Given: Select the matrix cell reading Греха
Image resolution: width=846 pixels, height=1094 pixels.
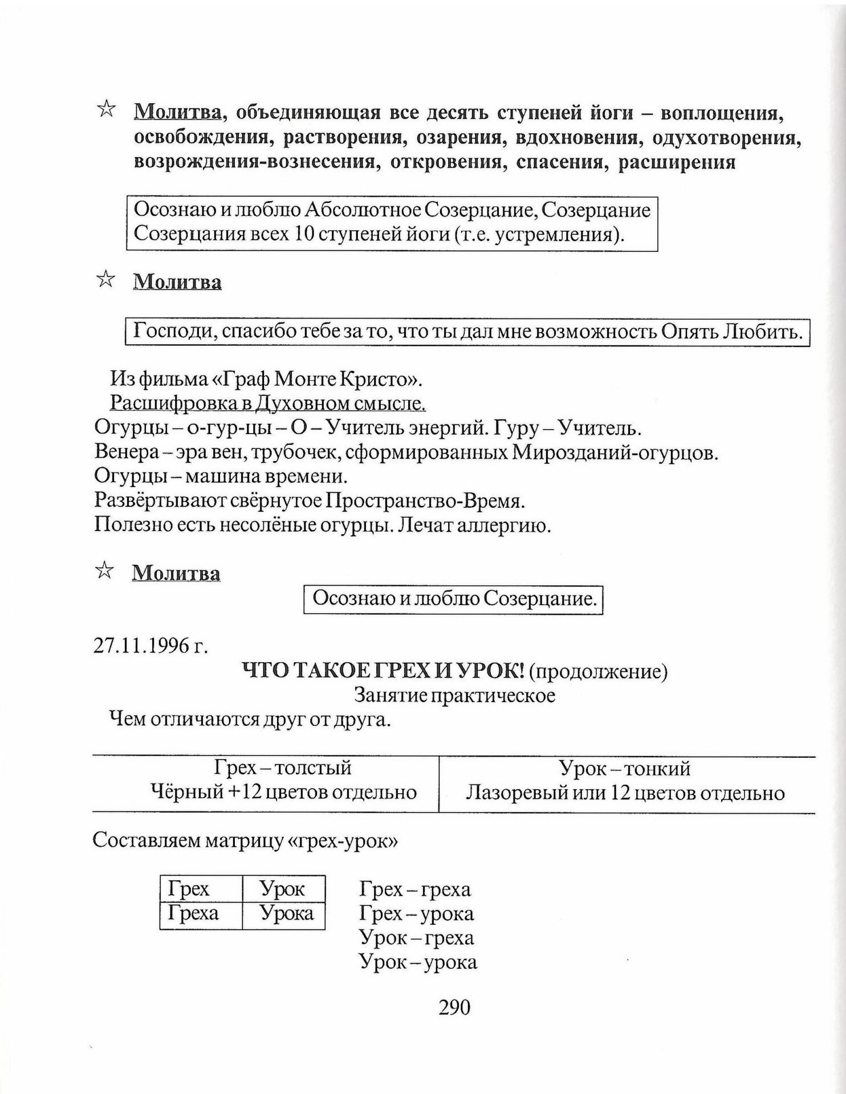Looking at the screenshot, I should click(x=193, y=914).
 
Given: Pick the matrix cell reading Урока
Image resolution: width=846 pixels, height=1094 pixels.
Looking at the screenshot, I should click(x=286, y=914).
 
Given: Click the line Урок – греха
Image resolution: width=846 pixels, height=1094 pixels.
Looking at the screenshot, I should click(x=417, y=938).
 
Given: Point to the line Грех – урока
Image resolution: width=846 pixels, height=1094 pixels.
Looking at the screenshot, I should click(x=417, y=914).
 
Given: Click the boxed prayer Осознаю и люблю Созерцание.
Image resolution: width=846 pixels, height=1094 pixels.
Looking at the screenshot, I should click(x=454, y=599).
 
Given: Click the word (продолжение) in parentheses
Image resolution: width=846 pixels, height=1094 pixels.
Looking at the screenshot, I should click(x=598, y=672).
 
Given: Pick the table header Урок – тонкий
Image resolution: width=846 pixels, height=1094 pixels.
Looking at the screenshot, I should click(x=625, y=769).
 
